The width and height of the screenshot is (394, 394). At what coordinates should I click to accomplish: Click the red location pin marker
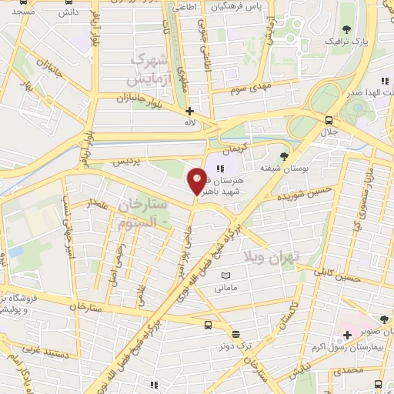197,181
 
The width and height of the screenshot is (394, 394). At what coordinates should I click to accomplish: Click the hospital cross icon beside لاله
190,111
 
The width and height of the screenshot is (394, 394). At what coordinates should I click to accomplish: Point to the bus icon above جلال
329,120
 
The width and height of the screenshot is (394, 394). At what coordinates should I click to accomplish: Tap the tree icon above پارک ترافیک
346,28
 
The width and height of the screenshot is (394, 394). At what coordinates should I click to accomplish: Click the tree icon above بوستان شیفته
285,155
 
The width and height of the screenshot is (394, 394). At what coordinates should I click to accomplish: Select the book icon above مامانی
225,275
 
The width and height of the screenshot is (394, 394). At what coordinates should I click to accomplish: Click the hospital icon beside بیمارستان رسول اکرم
348,335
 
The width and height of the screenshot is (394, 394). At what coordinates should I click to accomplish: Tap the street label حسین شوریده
309,188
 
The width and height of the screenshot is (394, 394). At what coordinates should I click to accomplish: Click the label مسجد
24,13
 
